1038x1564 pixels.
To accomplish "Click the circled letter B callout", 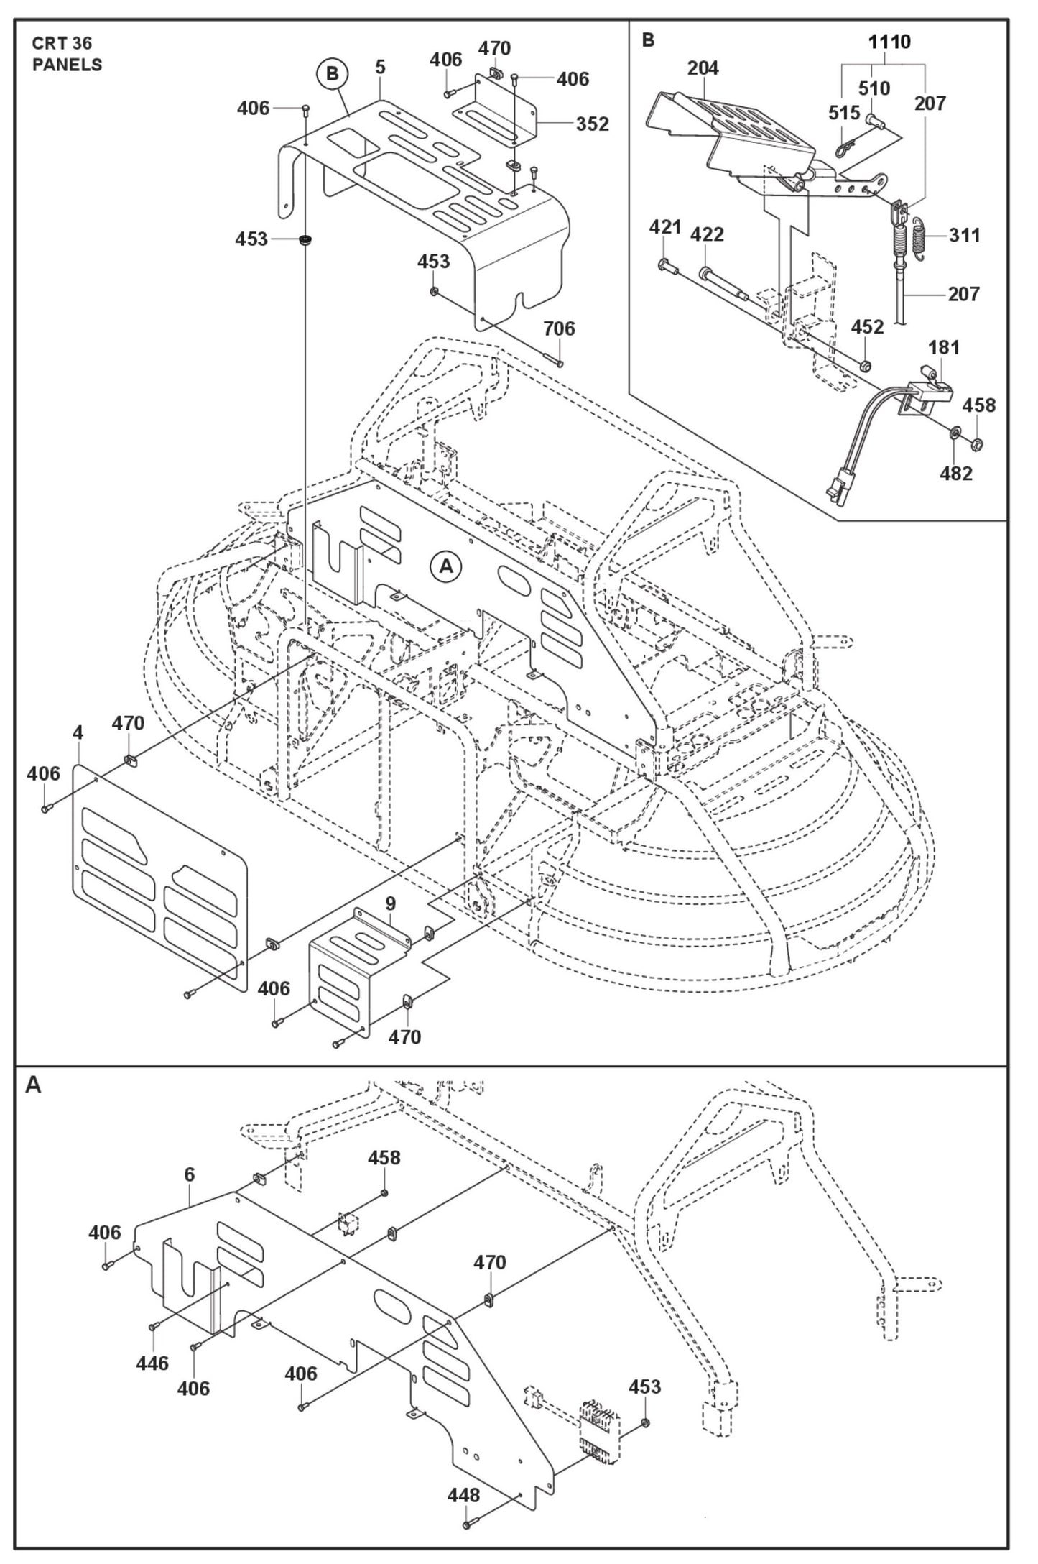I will tap(332, 73).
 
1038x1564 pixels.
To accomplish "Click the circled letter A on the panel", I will tap(446, 566).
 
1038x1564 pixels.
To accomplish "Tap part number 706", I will tap(559, 328).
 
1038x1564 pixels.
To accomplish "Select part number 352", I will tap(592, 124).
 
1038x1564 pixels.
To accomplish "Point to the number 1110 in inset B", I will tap(889, 42).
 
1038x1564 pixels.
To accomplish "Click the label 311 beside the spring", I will tap(964, 235).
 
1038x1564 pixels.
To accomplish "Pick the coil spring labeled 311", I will tap(923, 236).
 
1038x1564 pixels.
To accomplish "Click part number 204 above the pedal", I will tap(703, 68).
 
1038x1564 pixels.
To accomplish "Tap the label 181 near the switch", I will tap(943, 347).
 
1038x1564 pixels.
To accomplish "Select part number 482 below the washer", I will tap(955, 473).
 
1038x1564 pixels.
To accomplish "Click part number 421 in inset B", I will tap(664, 227).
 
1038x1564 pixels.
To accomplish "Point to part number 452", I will tap(867, 327).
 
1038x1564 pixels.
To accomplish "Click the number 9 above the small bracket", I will tap(390, 902).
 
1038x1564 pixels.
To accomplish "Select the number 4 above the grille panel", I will tap(78, 732).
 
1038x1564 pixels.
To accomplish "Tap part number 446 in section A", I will tap(152, 1363).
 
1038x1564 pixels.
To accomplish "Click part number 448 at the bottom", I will tap(463, 1495).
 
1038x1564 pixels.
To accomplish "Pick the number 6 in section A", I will tap(189, 1174).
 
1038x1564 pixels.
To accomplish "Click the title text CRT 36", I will tap(62, 44).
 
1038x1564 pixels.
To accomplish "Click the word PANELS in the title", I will tap(67, 65).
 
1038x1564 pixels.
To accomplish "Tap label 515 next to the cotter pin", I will tap(843, 113).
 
